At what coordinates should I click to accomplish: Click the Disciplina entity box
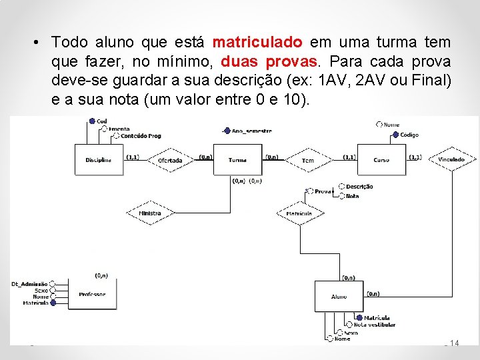tap(99, 160)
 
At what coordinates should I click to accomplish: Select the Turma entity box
tap(237, 160)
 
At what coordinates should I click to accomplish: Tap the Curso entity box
tap(381, 160)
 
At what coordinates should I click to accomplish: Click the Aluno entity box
tap(339, 296)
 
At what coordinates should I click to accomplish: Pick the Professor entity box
tap(92, 294)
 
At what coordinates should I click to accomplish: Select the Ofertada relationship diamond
tap(169, 160)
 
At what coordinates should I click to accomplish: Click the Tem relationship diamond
tap(307, 160)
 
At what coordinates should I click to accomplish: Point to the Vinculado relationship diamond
tap(451, 160)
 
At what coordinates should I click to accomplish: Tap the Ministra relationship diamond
tap(150, 213)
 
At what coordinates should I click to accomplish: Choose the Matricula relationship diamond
tap(299, 213)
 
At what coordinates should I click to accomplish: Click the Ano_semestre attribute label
tap(252, 131)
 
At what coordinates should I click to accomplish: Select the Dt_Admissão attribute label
tap(29, 284)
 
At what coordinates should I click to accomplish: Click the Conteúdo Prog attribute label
tap(141, 135)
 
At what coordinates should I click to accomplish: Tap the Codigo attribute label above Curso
tap(409, 135)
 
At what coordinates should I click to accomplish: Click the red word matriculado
tap(257, 43)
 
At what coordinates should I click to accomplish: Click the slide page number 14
tap(455, 343)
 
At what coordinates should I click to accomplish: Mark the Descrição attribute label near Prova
tap(359, 187)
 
